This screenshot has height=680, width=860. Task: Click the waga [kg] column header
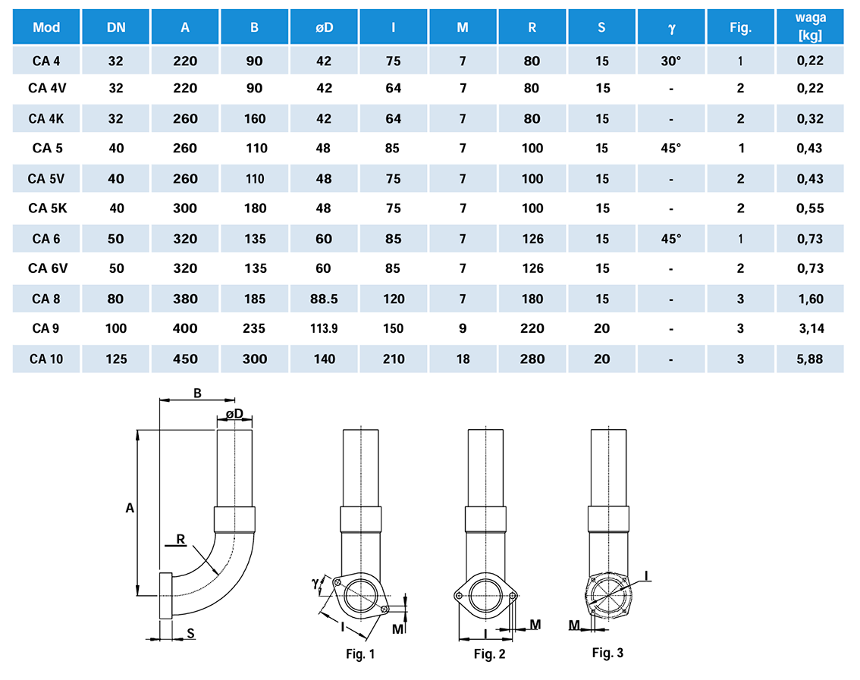810,27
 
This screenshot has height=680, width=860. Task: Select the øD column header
324,28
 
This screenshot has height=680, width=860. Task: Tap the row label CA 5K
47,208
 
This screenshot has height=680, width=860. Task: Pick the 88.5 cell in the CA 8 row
324,299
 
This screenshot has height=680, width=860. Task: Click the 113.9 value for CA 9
324,329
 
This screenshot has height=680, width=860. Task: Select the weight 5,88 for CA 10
810,359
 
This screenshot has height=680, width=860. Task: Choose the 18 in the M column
463,359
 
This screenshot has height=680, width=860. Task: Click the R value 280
532,359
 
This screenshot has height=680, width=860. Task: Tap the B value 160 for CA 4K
255,119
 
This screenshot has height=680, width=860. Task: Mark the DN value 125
116,359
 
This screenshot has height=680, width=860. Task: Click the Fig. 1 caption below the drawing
359,653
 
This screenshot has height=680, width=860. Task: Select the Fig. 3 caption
607,652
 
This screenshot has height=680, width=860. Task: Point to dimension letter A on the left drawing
130,509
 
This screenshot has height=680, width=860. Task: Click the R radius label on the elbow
180,539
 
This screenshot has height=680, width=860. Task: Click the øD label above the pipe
234,414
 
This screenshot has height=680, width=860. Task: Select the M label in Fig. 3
575,624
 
